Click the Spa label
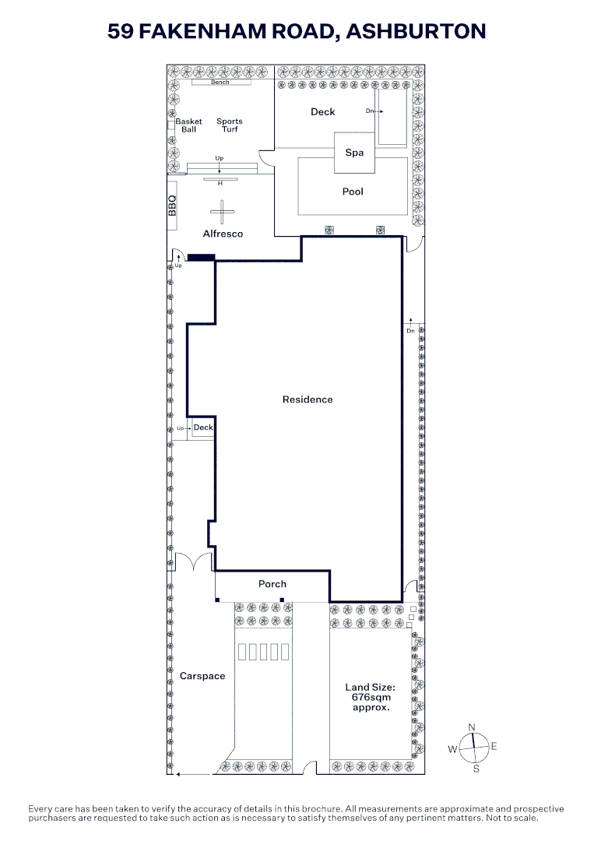pos(354,153)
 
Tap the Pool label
pos(353,192)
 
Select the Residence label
pos(308,399)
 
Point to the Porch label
pos(272,584)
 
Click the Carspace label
pos(202,677)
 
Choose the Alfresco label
pos(223,234)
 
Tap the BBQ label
pos(172,206)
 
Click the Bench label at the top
pos(220,83)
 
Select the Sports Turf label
pos(230,125)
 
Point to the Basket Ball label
pos(188,125)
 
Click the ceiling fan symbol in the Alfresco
pos(222,212)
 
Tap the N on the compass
pos(472,727)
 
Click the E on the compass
pos(494,746)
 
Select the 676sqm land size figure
pos(371,697)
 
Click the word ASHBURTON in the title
pos(416,31)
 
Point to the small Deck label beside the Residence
pos(203,428)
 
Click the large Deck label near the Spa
pos(323,111)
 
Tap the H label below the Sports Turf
pos(220,184)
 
